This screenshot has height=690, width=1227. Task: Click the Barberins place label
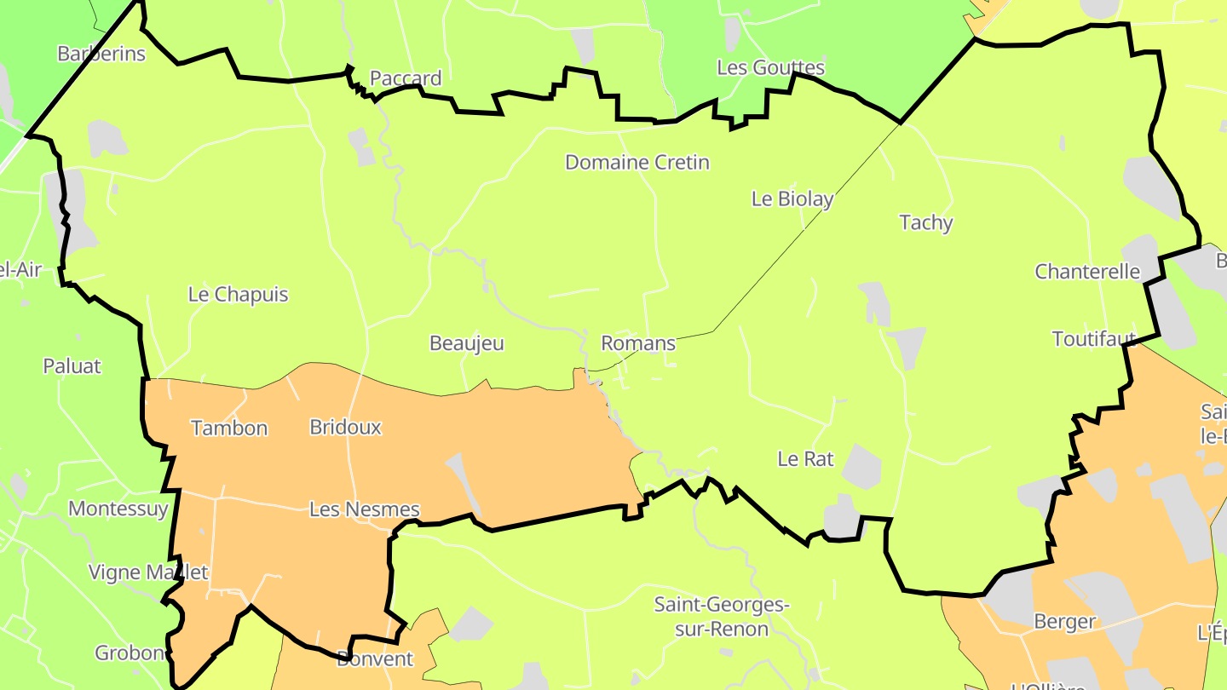click(101, 54)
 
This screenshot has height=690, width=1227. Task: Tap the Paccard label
click(406, 78)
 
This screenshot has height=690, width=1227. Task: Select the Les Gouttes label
click(770, 67)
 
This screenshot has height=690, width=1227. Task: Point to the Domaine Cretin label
click(637, 162)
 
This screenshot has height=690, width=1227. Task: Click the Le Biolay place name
click(792, 198)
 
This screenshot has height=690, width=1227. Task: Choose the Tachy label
click(926, 222)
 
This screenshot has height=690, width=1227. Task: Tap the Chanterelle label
click(1087, 272)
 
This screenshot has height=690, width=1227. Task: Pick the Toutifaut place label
click(1094, 339)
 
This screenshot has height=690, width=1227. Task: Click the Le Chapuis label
click(238, 295)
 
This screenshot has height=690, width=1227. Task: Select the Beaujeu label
click(467, 343)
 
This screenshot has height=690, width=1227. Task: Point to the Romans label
click(638, 343)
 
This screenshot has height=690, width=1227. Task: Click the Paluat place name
click(72, 366)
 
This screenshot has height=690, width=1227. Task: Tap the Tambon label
click(229, 428)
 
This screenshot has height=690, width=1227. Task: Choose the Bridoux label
click(345, 427)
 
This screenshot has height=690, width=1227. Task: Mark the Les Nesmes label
click(364, 509)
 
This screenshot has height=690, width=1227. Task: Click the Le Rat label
click(805, 458)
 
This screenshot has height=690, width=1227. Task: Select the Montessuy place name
click(118, 509)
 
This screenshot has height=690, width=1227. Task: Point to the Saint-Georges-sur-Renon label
click(722, 617)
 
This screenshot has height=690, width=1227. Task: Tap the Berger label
click(1064, 621)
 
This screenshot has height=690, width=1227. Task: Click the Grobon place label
click(130, 653)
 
